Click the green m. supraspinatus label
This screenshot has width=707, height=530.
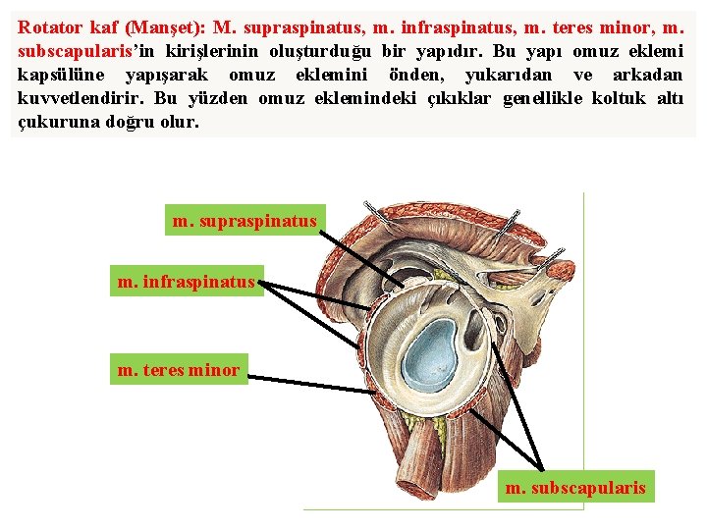click(245, 222)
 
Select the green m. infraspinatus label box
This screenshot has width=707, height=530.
click(187, 284)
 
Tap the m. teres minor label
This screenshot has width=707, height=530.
click(179, 370)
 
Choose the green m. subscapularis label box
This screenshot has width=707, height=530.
click(575, 487)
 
